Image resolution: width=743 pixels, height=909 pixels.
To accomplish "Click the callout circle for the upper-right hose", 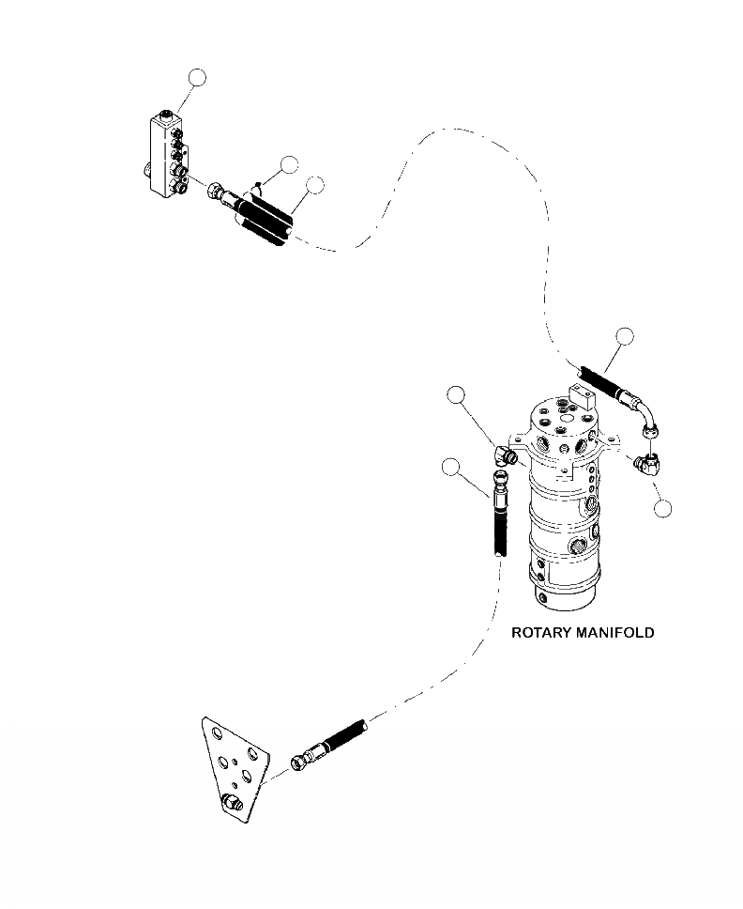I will [625, 336].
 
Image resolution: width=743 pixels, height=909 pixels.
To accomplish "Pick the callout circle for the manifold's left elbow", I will [456, 394].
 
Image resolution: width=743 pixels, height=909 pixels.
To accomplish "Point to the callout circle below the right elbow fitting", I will [663, 509].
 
